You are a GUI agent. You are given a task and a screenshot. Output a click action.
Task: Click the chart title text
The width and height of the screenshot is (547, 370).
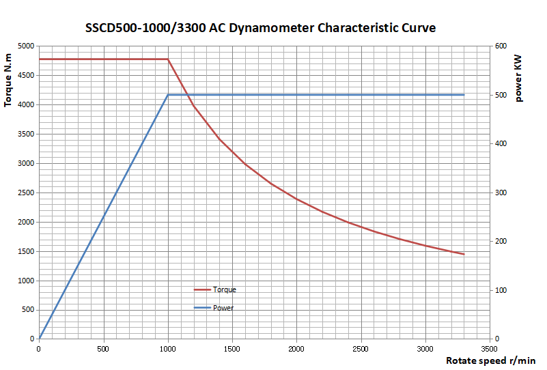260,28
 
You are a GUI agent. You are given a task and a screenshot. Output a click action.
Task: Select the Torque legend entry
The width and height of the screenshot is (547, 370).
224,289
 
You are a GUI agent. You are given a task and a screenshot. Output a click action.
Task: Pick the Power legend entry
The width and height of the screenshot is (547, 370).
223,308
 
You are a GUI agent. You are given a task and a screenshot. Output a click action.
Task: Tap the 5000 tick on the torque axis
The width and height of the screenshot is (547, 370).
25,46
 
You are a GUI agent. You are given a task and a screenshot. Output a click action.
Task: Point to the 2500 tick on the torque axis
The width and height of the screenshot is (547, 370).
25,193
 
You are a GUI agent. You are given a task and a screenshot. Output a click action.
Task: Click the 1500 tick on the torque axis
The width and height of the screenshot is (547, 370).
25,251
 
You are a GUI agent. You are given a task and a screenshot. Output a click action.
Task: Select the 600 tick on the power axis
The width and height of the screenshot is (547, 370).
501,46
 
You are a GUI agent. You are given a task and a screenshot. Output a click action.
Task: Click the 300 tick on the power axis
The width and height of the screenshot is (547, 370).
501,193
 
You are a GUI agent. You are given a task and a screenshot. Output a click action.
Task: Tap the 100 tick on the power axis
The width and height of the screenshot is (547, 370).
501,290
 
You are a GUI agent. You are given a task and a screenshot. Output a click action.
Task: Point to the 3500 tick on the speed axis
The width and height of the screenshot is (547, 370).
489,347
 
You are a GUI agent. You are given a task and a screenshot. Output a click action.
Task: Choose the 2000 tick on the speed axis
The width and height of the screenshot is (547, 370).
296,347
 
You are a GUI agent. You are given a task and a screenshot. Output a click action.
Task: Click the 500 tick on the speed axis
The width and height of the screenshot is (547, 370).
103,347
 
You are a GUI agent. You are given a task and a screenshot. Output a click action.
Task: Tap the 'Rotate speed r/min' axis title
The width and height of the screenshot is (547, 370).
490,360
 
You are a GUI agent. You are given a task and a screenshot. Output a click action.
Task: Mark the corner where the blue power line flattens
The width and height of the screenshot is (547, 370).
168,95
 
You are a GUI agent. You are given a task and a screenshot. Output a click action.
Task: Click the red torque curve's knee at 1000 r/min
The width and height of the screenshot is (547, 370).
168,59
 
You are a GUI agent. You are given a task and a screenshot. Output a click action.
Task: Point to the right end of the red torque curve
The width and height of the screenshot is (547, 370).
464,254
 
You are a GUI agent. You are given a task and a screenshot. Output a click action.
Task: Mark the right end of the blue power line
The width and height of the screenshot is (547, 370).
464,95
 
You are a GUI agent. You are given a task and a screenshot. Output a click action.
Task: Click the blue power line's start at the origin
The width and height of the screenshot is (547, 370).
39,339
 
